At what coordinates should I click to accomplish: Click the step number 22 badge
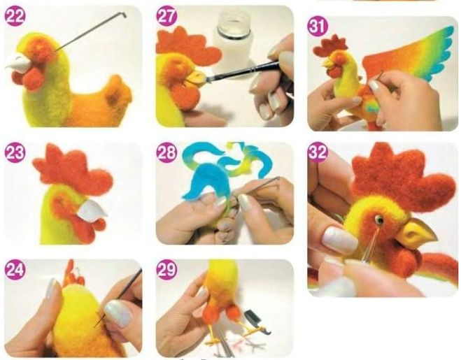coord(15,16)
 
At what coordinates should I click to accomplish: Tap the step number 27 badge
coord(166,16)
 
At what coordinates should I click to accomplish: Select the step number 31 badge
coord(318,26)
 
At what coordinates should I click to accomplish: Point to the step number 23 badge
coord(15,153)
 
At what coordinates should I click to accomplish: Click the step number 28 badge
coord(166,153)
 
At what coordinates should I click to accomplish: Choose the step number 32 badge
coord(318,152)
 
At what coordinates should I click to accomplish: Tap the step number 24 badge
coord(15,270)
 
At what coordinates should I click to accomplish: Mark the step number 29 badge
coord(166,270)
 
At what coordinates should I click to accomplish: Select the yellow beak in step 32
coord(418,232)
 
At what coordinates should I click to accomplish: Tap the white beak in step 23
coord(92,210)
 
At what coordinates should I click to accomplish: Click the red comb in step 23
coord(72,170)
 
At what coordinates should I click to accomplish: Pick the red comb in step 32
coord(403,177)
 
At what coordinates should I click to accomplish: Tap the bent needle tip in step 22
coord(124,13)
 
